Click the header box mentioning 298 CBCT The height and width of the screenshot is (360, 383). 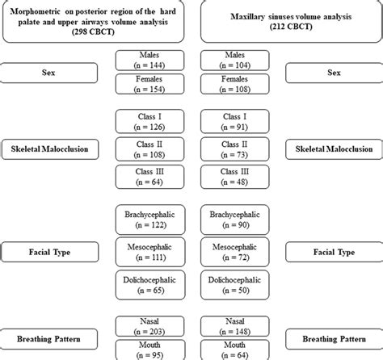coord(94,23)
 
